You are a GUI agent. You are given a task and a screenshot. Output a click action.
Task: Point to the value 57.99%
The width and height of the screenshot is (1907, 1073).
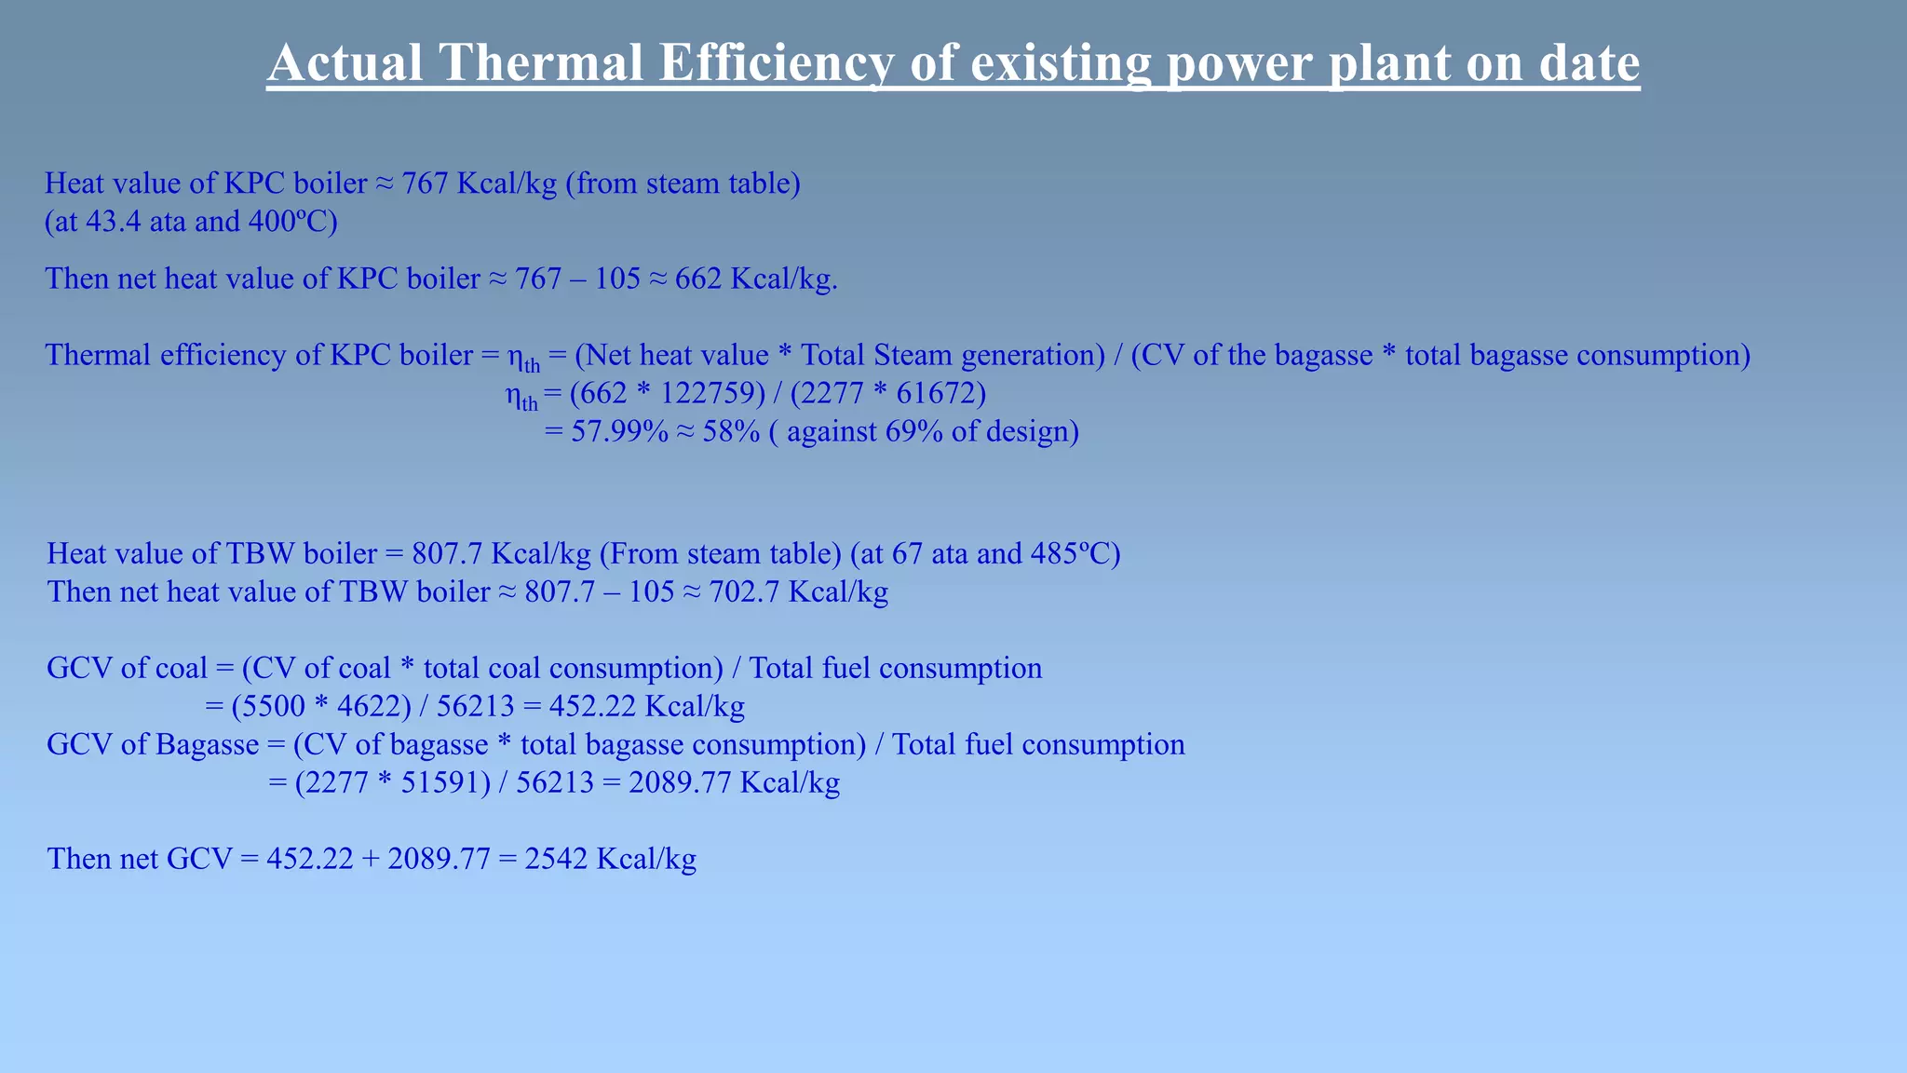(619, 432)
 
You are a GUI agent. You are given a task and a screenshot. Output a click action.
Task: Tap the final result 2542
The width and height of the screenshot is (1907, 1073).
(556, 859)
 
